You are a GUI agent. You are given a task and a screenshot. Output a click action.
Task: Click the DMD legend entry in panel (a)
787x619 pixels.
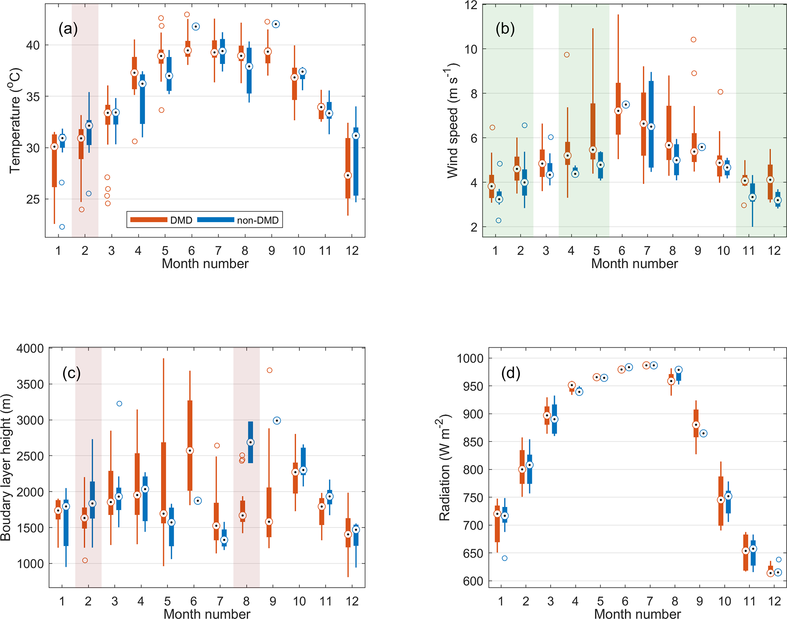click(161, 220)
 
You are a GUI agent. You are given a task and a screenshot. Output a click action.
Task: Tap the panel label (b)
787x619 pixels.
click(505, 29)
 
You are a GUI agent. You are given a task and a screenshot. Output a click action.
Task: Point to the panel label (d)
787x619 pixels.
click(511, 373)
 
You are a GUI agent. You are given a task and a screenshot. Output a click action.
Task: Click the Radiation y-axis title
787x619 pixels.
click(444, 467)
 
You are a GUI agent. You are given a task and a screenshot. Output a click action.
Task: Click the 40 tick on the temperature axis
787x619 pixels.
click(33, 45)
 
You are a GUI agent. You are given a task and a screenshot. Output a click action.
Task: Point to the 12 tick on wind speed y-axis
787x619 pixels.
click(471, 5)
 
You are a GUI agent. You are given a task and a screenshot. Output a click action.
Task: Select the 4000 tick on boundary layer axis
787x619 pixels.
click(30, 349)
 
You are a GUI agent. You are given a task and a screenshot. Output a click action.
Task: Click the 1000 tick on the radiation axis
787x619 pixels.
click(470, 358)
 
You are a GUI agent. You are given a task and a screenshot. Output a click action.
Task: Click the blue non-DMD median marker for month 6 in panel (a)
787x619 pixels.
click(196, 27)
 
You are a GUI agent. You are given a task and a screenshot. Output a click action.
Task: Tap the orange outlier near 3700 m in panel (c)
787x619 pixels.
click(270, 370)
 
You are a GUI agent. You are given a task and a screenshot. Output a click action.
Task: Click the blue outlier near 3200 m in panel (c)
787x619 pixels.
click(119, 403)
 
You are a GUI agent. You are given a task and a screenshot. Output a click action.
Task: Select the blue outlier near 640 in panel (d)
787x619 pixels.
click(504, 558)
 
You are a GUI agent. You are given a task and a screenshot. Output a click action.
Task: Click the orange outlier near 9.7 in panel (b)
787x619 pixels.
click(567, 55)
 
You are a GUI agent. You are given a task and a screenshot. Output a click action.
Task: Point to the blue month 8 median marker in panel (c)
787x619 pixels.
click(251, 442)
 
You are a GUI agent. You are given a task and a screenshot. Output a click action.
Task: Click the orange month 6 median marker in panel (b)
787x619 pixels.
click(618, 111)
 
